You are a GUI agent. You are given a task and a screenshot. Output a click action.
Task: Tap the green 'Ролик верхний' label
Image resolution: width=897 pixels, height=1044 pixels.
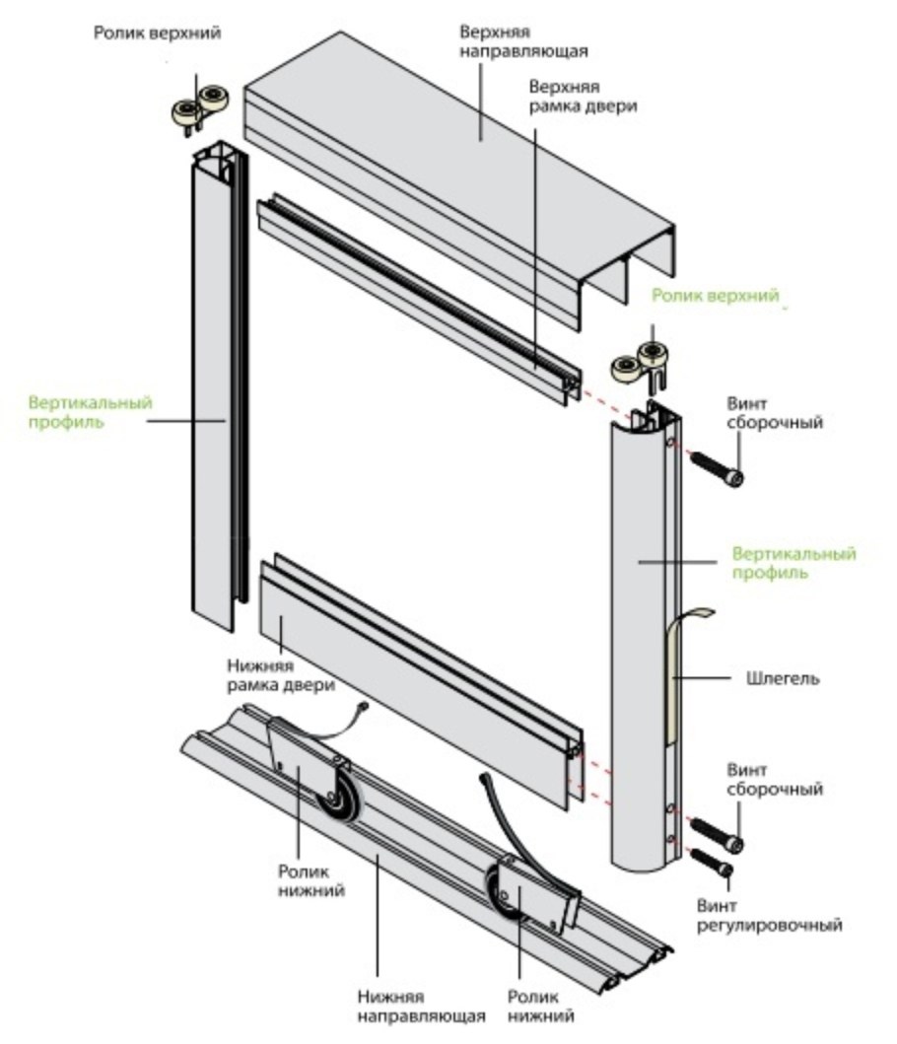(x=716, y=295)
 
